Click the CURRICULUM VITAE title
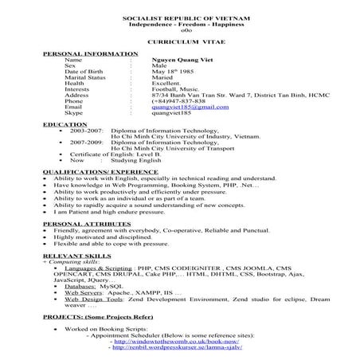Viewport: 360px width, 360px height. click(x=181, y=40)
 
